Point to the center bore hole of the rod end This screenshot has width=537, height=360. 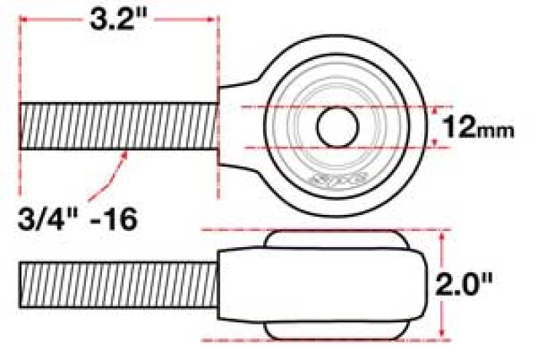pos(336,126)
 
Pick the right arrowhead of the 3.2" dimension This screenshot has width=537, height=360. pos(213,20)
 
